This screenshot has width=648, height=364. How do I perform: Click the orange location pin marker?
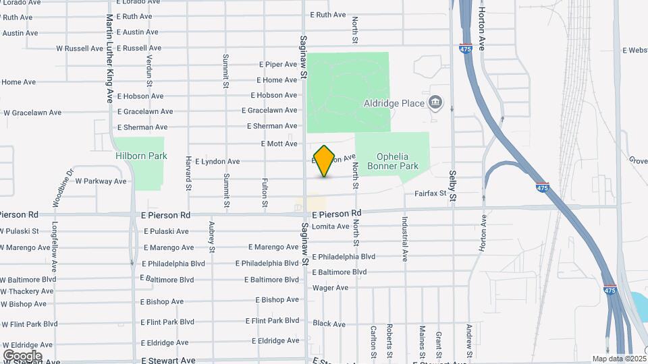pyautogui.click(x=325, y=160)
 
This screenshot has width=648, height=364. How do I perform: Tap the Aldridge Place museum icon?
pyautogui.click(x=436, y=102)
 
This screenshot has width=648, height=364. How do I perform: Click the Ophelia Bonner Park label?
pyautogui.click(x=393, y=161)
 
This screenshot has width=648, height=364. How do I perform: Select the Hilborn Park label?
pyautogui.click(x=140, y=156)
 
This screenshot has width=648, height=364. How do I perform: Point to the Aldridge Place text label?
pyautogui.click(x=394, y=103)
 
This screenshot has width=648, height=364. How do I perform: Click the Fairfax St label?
pyautogui.click(x=431, y=193)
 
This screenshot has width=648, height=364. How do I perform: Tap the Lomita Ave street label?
pyautogui.click(x=331, y=226)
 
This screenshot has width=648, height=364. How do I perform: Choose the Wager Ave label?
pyautogui.click(x=330, y=288)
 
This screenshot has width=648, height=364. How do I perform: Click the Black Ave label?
pyautogui.click(x=329, y=324)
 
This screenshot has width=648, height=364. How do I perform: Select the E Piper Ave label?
pyautogui.click(x=279, y=64)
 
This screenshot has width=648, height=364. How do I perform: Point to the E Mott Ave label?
pyautogui.click(x=279, y=144)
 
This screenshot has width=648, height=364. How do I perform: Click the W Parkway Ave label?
pyautogui.click(x=101, y=181)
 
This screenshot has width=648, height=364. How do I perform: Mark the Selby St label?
pyautogui.click(x=454, y=183)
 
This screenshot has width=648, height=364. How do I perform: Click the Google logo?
pyautogui.click(x=22, y=355)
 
